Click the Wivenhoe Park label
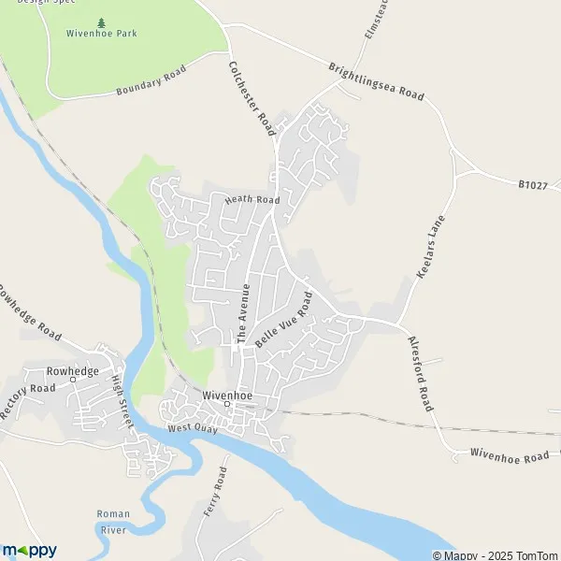(x=101, y=33)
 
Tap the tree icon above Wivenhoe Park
(x=101, y=20)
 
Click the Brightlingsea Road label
(x=377, y=81)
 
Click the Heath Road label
(x=252, y=200)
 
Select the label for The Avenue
(x=243, y=314)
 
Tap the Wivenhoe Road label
(x=510, y=455)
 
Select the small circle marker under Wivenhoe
(x=226, y=404)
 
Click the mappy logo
(x=30, y=550)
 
